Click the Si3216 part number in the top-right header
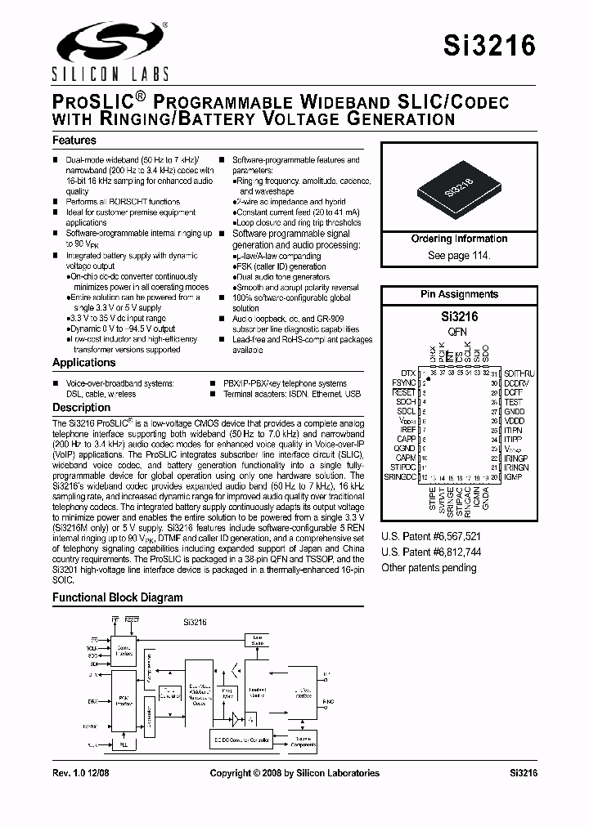[x=490, y=46]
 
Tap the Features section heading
[x=74, y=141]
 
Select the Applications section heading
[x=84, y=362]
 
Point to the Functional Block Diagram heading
[x=118, y=597]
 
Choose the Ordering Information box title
[x=459, y=239]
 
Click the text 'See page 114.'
[x=459, y=256]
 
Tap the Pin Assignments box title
[x=459, y=294]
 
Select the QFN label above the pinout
[x=458, y=333]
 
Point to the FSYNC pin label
[x=403, y=382]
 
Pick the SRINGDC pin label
[x=400, y=476]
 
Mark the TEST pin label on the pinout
[x=513, y=402]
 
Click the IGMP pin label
[x=513, y=476]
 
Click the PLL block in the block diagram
[x=124, y=745]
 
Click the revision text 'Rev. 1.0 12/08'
[x=83, y=772]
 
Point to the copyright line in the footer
[x=294, y=772]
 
